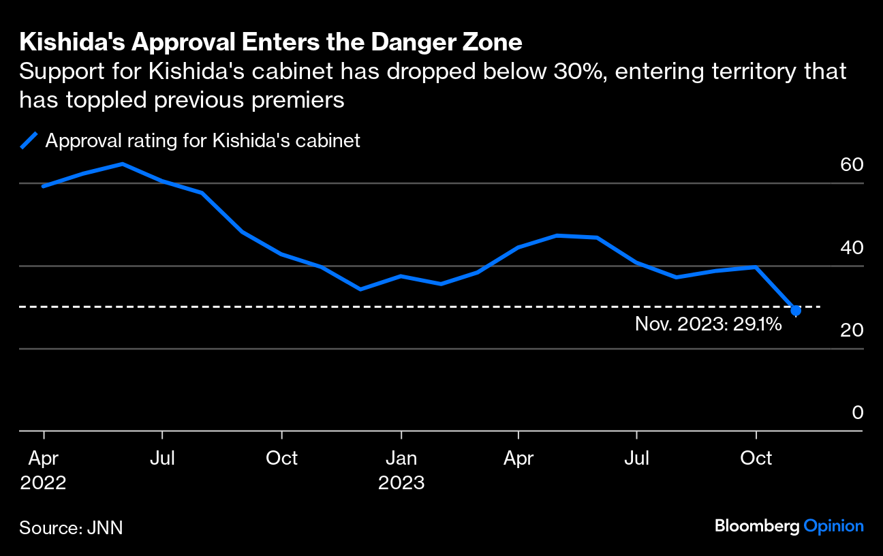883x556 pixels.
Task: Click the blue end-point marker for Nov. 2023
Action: pyautogui.click(x=795, y=310)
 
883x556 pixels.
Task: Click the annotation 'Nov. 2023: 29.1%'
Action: pyautogui.click(x=708, y=324)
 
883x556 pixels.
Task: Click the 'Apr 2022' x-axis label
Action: pyautogui.click(x=44, y=470)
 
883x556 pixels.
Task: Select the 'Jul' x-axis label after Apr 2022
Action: pyautogui.click(x=162, y=458)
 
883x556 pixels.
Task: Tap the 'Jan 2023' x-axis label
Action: pyautogui.click(x=401, y=470)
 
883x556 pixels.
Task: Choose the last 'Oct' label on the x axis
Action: pyautogui.click(x=756, y=458)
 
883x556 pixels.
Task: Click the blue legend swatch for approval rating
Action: pyautogui.click(x=29, y=141)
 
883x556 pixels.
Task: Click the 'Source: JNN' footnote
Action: pyautogui.click(x=71, y=527)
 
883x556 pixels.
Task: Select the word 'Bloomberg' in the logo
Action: pyautogui.click(x=757, y=526)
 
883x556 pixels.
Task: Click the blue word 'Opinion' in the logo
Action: pyautogui.click(x=833, y=526)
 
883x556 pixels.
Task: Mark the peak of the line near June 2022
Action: pyautogui.click(x=122, y=164)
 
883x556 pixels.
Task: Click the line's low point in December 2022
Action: pyautogui.click(x=360, y=290)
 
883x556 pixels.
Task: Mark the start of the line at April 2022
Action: pyautogui.click(x=43, y=186)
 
